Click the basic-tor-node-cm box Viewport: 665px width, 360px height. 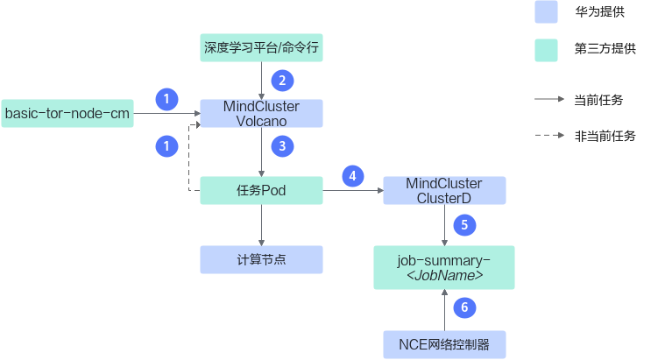point(67,113)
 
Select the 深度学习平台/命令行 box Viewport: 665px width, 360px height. point(261,47)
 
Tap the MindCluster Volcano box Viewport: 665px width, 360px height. point(261,113)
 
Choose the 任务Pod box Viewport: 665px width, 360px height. point(261,190)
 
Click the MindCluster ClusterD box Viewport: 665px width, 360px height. point(444,190)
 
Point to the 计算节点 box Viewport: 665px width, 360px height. point(261,259)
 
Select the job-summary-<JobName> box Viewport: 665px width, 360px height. point(444,267)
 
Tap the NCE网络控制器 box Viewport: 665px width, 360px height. point(444,345)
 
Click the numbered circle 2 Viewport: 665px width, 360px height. point(282,81)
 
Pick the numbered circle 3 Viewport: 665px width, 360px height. point(282,146)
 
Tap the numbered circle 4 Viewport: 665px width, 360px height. point(353,176)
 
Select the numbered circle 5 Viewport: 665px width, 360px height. point(465,225)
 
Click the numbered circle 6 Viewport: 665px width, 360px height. point(465,307)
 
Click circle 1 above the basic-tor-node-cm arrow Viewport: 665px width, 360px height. point(166,99)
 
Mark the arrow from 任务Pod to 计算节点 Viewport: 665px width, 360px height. point(261,225)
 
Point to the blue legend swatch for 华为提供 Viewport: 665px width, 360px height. point(546,11)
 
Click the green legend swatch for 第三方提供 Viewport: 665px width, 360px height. point(546,51)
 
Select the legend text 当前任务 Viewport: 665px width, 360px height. point(598,100)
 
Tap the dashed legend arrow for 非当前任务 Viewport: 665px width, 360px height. point(549,135)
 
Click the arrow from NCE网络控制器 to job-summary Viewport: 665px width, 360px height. point(444,310)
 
